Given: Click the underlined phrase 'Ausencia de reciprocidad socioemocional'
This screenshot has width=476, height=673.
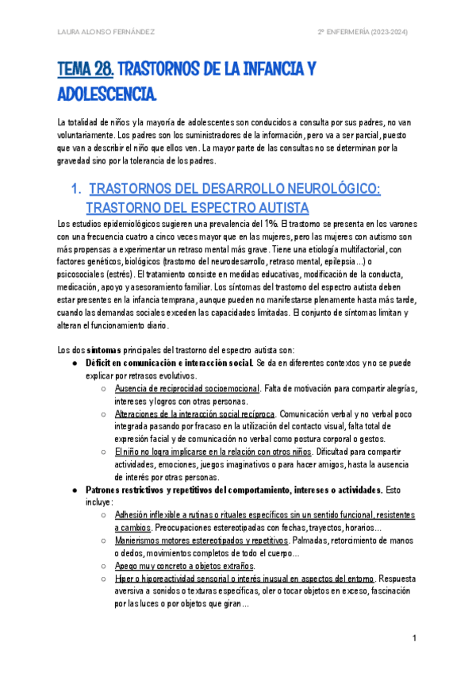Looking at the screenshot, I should tap(186, 389).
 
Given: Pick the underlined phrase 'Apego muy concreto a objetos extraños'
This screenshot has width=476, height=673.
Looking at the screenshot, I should tap(184, 566).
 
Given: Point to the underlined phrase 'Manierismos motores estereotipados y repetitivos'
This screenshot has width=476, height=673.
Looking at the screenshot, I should tap(202, 540).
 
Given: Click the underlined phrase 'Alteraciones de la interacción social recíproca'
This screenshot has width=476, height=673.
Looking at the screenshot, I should tap(194, 414).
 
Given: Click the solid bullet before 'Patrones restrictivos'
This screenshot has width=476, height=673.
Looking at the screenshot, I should tap(75, 490).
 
